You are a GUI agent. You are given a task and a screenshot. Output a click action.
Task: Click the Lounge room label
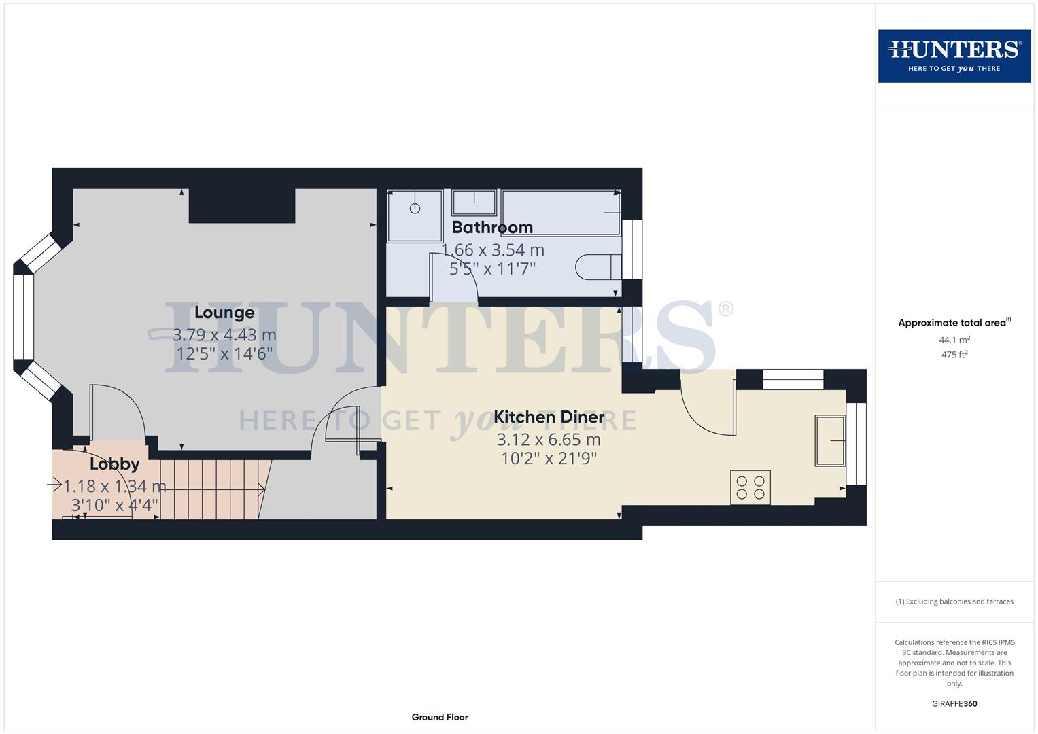224,313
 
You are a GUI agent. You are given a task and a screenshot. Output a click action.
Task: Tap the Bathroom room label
492,227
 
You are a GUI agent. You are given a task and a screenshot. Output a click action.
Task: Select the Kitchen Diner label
549,417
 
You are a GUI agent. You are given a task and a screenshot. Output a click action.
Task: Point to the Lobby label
114,464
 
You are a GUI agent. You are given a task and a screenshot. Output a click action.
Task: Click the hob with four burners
750,487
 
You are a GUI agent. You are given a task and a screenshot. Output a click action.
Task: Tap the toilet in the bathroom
598,267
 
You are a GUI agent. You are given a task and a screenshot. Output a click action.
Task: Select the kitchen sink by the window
829,441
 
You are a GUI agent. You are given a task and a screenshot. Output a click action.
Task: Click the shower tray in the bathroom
415,215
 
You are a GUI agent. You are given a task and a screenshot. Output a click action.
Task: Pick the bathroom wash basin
474,201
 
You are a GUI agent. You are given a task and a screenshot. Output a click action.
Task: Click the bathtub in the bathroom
561,213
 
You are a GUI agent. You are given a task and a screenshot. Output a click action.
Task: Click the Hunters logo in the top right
954,56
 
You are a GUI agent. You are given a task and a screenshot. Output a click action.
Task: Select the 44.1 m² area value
954,340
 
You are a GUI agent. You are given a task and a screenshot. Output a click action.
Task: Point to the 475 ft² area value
954,355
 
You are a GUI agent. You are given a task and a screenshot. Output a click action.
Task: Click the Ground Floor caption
440,717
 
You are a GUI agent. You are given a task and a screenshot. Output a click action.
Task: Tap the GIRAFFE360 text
954,704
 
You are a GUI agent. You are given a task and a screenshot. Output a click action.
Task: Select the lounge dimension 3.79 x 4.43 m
224,335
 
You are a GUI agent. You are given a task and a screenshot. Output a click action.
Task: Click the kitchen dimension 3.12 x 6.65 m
549,440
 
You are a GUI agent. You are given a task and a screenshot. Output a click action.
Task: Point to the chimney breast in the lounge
242,205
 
